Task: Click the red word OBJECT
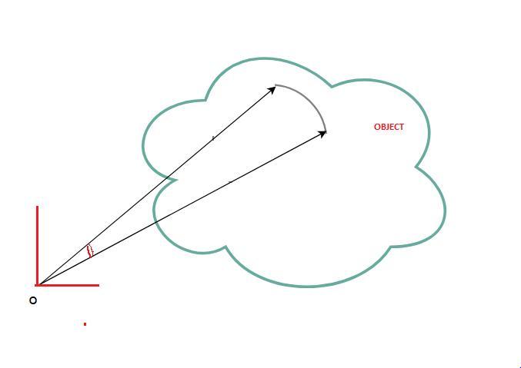(389, 127)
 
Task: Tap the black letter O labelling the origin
(33, 300)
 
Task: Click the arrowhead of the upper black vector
(272, 89)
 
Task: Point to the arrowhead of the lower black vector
(323, 134)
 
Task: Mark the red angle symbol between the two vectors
(90, 250)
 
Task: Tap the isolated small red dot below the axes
(85, 324)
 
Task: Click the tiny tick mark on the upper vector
(213, 137)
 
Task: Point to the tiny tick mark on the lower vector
(229, 181)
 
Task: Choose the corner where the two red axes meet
(37, 285)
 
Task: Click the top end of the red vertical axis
(37, 207)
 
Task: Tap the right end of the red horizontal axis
(99, 285)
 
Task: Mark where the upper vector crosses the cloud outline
(170, 177)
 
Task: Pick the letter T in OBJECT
(401, 127)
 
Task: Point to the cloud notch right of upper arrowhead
(332, 85)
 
